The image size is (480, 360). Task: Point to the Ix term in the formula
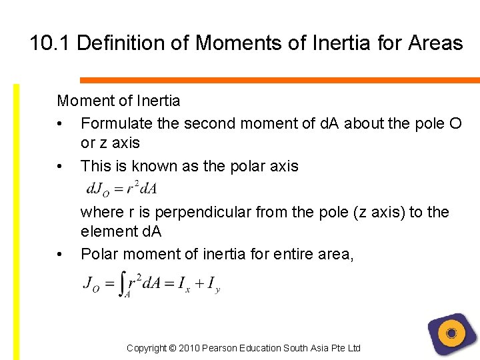pos(184,284)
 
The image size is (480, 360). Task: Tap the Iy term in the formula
pos(213,285)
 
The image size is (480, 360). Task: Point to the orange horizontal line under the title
pos(280,80)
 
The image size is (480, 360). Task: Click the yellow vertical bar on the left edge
pos(17,220)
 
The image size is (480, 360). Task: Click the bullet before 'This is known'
pos(61,166)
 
